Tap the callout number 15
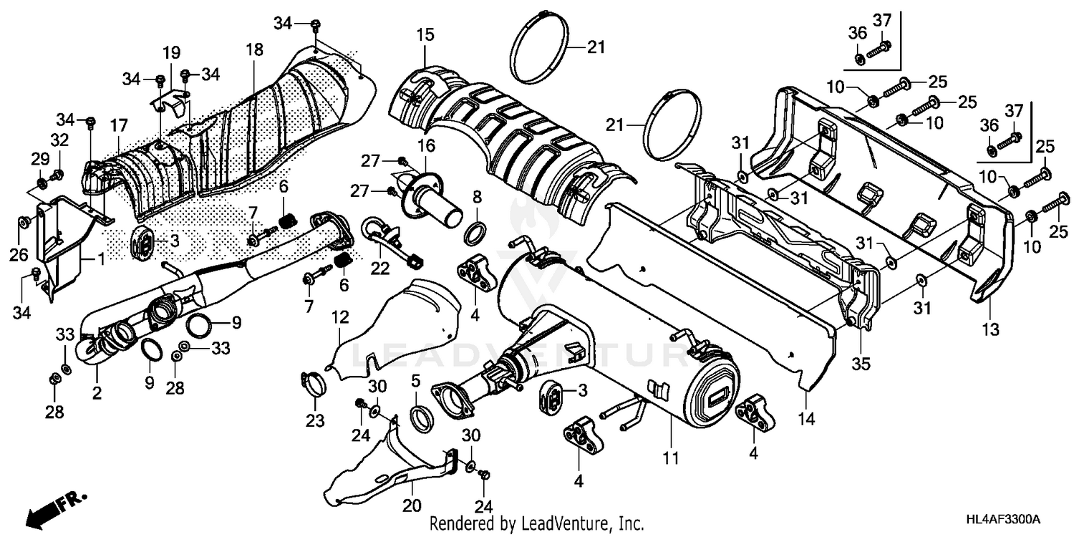[x=425, y=34]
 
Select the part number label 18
[x=254, y=50]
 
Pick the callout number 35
[x=861, y=364]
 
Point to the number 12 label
[x=339, y=315]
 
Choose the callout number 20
[x=410, y=505]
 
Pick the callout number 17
[x=117, y=125]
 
